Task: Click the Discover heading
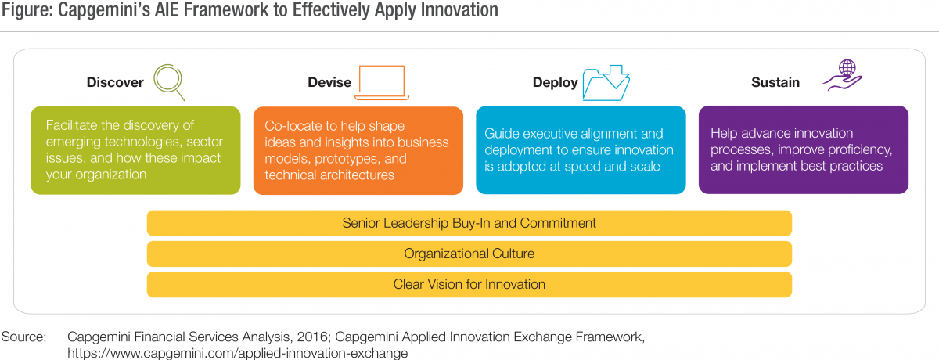[115, 82]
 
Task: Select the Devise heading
[329, 82]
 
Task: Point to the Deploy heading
[555, 83]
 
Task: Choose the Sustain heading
[775, 82]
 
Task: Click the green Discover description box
[135, 150]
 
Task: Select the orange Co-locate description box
[358, 150]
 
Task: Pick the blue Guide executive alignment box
[581, 150]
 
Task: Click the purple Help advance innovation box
[803, 149]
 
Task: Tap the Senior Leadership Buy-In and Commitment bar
[469, 223]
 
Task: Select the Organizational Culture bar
[469, 254]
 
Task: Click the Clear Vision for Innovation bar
[469, 284]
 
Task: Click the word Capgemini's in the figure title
[104, 10]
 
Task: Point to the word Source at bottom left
[23, 337]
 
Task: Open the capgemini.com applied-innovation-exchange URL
[237, 353]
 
